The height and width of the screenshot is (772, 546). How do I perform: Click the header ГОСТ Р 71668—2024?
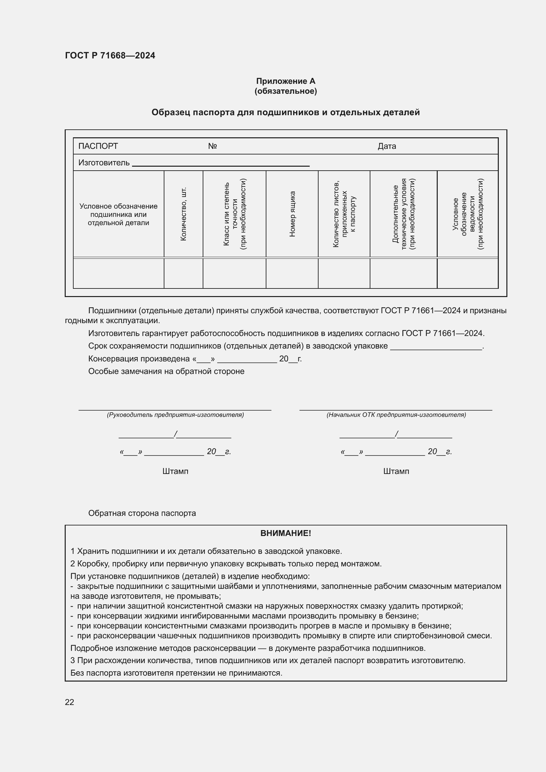pos(110,55)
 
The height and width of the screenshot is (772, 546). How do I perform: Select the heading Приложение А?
pos(286,81)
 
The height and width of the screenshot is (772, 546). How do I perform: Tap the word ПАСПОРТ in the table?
pos(98,146)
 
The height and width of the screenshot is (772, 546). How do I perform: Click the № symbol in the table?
pos(212,146)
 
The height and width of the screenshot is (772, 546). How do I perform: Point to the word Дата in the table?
pos(387,146)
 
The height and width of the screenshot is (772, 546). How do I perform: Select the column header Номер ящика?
pos(292,214)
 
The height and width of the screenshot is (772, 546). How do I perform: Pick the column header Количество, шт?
pos(183,214)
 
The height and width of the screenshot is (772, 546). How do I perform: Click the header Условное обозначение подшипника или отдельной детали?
pos(119,214)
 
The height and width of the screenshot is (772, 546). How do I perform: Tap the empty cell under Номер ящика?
pos(292,273)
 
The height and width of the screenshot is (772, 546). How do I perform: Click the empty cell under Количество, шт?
pos(183,273)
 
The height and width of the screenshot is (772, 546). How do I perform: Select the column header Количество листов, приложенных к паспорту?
pos(344,214)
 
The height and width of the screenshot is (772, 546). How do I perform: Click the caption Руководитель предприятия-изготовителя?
pos(175,415)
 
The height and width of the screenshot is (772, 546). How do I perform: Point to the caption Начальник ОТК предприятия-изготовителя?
pos(396,415)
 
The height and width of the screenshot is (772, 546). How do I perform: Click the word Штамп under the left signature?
pos(175,471)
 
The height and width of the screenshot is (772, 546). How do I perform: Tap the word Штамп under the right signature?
pos(396,471)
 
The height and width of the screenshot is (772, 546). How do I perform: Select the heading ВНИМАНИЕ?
pos(286,533)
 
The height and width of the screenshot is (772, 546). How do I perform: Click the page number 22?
pos(69,702)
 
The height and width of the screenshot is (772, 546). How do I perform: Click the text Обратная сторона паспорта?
pos(142,513)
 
